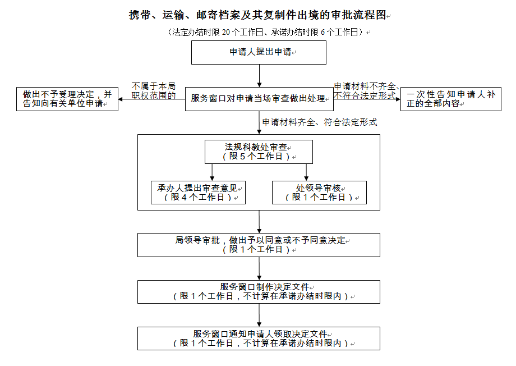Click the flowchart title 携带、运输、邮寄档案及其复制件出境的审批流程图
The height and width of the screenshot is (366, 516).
(259, 15)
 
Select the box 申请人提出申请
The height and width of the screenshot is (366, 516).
(259, 52)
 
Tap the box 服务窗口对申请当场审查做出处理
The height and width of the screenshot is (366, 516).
(259, 98)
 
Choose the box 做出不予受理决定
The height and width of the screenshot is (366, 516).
(67, 99)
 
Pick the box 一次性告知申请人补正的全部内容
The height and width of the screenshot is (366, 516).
(450, 99)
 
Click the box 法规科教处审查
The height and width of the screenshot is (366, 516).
(259, 152)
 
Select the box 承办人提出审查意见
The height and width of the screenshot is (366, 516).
(198, 193)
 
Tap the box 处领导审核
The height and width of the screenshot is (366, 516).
(319, 193)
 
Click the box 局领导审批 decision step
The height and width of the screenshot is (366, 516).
(259, 245)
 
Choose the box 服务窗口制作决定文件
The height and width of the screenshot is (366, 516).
(259, 291)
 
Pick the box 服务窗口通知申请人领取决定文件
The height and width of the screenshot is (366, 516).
(259, 338)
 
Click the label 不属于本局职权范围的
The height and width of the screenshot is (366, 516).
(153, 90)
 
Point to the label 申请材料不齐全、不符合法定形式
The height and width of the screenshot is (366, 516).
(366, 90)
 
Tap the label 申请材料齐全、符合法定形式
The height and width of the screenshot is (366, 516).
(319, 122)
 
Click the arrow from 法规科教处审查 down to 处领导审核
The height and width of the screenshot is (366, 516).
(306, 172)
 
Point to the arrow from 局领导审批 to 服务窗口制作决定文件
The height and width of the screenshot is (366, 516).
(259, 268)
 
